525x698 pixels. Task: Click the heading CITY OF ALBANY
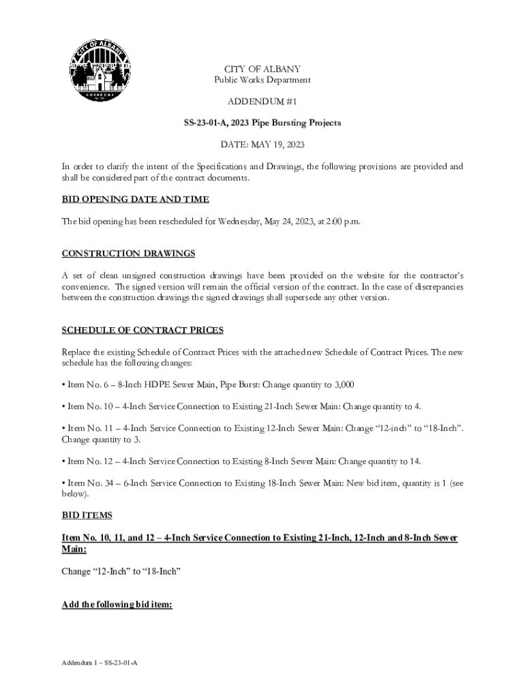coord(262,69)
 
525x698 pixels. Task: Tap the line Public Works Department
coord(262,80)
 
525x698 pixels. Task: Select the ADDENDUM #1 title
coord(262,101)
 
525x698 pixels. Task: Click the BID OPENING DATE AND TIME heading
coord(135,199)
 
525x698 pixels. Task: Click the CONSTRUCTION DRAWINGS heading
coord(128,254)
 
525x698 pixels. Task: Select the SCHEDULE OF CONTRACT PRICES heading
coord(142,330)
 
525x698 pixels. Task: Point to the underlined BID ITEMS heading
coord(87,515)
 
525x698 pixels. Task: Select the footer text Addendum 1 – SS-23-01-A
coord(99,663)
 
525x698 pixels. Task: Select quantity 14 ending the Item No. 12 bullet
coord(415,461)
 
